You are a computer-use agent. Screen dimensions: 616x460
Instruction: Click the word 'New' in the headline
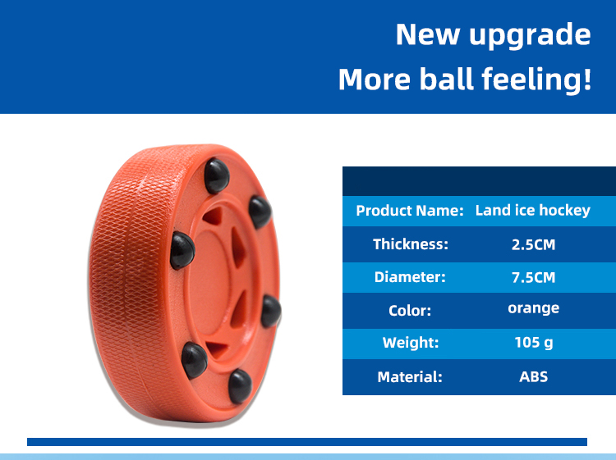[427, 34]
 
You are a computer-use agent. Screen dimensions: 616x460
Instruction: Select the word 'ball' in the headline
[446, 79]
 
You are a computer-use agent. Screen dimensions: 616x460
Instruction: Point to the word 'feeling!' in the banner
[536, 80]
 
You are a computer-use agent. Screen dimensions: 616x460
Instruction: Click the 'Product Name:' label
[410, 211]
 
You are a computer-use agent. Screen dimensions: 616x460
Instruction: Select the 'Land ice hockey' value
[533, 211]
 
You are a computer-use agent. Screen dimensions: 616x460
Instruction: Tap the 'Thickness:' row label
[411, 244]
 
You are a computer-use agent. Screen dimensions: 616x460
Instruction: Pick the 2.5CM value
[533, 244]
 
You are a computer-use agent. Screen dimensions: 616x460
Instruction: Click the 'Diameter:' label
[410, 277]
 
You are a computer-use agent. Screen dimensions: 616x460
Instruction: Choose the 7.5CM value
[533, 278]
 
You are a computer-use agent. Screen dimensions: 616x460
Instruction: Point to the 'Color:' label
[410, 311]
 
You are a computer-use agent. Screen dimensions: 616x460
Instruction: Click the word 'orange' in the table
[533, 308]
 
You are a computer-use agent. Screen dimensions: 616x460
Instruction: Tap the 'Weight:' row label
[411, 343]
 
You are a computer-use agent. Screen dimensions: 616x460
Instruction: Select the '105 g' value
[534, 343]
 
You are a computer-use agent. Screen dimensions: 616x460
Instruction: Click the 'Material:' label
[410, 377]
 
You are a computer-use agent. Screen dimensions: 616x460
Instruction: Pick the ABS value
[533, 377]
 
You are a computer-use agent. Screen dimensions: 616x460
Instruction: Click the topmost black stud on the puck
[217, 175]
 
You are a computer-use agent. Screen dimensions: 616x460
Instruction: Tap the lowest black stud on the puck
[240, 386]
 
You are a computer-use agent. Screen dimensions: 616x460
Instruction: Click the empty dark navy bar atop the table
[479, 181]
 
